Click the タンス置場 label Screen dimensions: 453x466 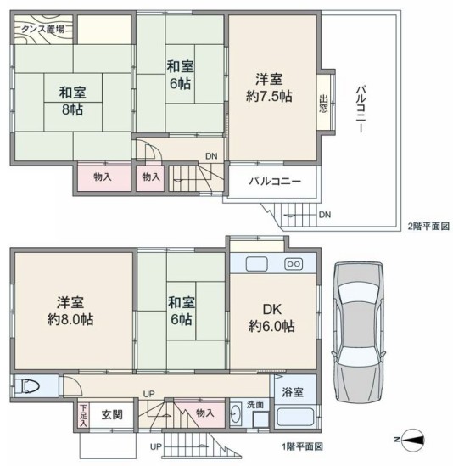(x=43, y=29)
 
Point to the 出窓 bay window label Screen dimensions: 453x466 (x=323, y=104)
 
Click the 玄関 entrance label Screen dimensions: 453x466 (x=112, y=414)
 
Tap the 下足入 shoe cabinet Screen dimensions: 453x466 (x=83, y=415)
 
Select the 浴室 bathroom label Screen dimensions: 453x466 (x=293, y=392)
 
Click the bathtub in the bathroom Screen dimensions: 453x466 (x=295, y=418)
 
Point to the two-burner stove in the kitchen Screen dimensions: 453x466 (x=294, y=264)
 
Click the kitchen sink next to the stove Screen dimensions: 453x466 (x=257, y=264)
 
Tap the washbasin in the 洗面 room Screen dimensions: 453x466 (x=237, y=413)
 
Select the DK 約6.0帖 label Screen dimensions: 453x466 (x=271, y=318)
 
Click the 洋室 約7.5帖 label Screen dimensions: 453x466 (x=269, y=88)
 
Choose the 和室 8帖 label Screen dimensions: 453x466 (x=72, y=101)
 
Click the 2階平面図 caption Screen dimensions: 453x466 (x=428, y=227)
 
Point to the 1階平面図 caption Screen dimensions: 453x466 (x=302, y=446)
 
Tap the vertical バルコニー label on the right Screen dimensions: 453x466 (x=361, y=109)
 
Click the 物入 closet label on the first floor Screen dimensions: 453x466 (x=205, y=413)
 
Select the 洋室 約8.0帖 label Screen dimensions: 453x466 (x=70, y=311)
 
